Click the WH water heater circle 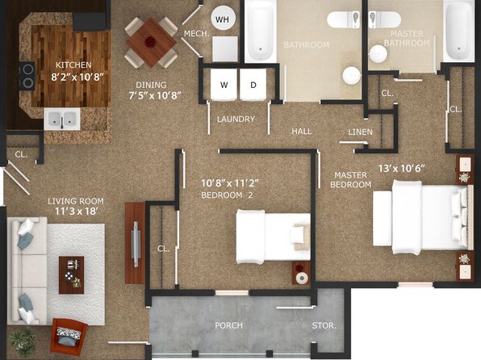point(223,19)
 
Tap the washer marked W point(224,85)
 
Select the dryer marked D point(253,85)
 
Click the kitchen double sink point(62,119)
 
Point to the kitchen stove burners point(27,76)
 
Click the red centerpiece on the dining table point(150,41)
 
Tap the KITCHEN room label point(73,65)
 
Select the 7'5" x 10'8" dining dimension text point(155,95)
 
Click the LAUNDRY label point(236,119)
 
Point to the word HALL point(302,132)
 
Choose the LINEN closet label point(361,132)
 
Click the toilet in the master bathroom point(385,20)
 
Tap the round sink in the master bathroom point(378,54)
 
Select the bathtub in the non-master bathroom point(261,31)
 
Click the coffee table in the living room point(72,275)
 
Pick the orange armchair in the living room point(69,336)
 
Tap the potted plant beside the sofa point(23,342)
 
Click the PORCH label point(229,325)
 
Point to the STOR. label point(324,325)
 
